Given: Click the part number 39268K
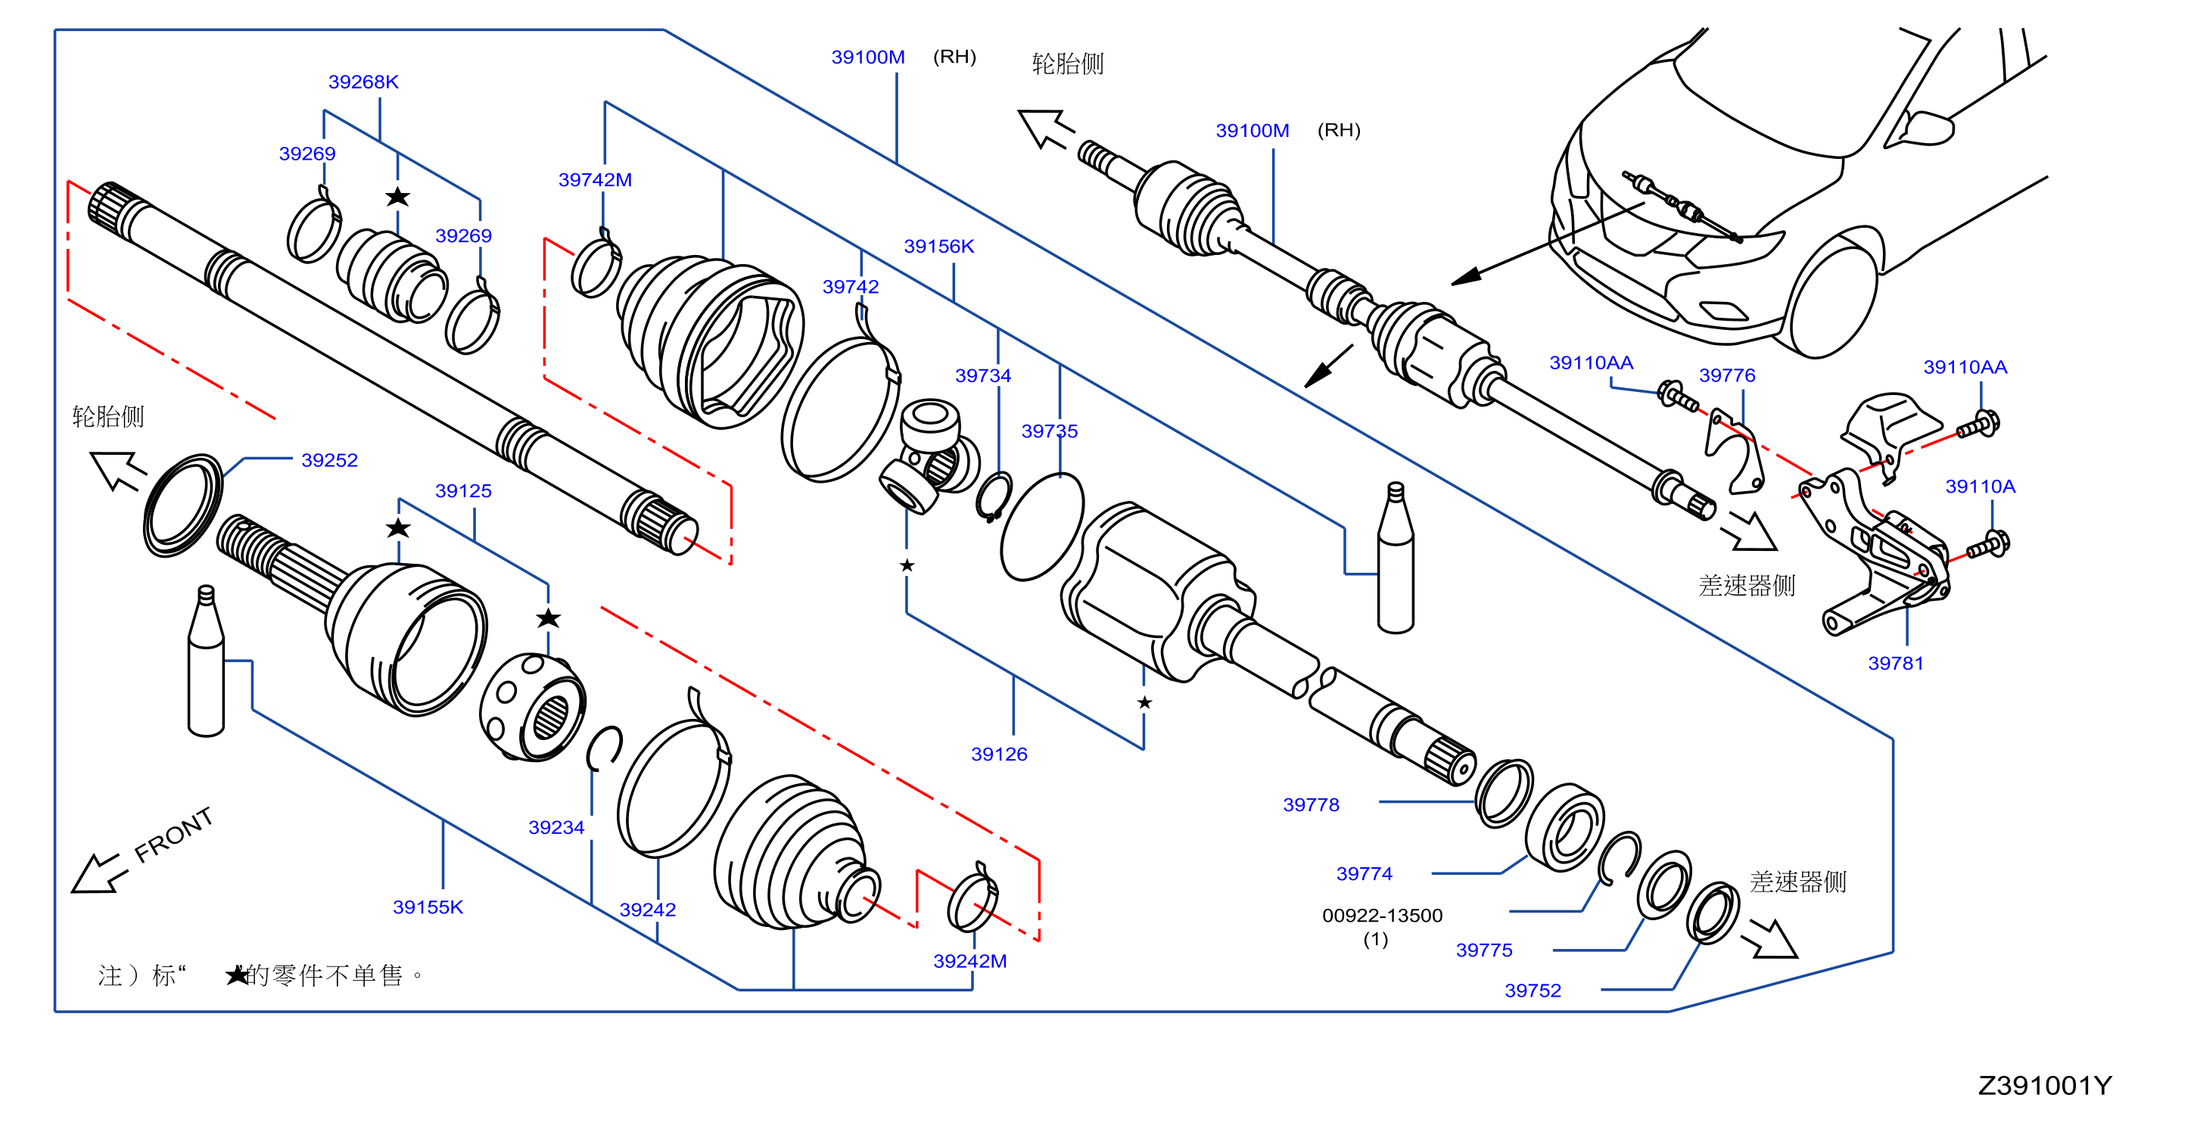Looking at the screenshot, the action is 363,82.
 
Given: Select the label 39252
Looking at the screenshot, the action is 329,460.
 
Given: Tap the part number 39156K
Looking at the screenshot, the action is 938,247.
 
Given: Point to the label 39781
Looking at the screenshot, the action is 1895,664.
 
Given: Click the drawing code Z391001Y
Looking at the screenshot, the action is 2044,1085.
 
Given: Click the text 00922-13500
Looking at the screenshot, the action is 1382,916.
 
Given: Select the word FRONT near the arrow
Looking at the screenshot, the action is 174,834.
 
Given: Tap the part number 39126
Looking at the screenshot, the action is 999,754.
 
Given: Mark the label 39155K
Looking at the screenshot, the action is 428,907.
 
